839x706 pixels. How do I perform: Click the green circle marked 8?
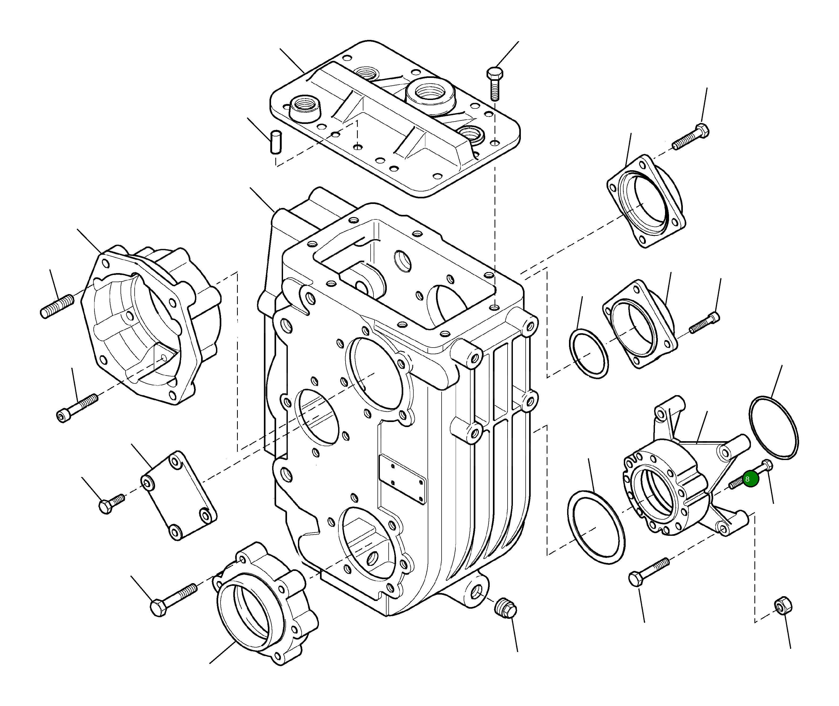tap(750, 479)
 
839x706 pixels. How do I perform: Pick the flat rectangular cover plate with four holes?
tap(179, 496)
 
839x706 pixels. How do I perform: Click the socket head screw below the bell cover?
tap(77, 407)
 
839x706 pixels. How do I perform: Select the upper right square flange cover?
tap(645, 201)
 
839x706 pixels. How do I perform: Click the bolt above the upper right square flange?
tap(691, 137)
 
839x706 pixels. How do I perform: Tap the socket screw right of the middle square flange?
tap(704, 323)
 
